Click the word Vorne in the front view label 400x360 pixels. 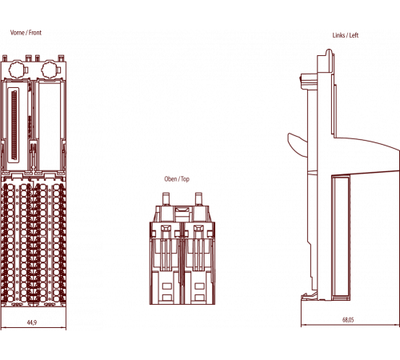18,33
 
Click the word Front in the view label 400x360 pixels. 35,33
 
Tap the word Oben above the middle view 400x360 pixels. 170,178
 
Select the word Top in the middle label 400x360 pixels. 185,179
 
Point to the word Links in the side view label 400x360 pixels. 338,35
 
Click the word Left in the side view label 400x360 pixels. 354,35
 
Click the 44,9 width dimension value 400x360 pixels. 32,322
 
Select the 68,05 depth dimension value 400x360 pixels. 348,319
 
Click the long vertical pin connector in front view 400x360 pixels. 14,125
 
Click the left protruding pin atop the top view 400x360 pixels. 166,199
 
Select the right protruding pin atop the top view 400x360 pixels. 198,199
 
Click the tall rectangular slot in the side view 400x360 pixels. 341,237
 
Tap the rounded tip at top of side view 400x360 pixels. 329,51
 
